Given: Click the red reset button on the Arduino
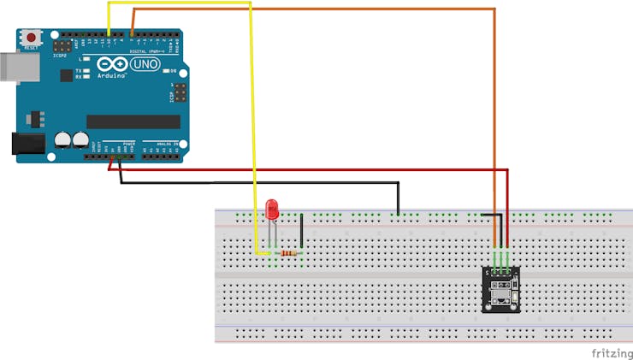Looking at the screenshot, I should point(33,38).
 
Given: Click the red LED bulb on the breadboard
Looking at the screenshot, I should point(273,208).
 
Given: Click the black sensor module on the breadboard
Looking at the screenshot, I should point(500,289).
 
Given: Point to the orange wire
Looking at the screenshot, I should point(494,103).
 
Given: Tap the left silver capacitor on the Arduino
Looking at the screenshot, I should point(62,139).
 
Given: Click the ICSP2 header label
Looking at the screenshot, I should point(59,55).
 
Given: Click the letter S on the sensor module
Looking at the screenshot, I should point(487,273).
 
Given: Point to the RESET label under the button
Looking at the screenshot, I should point(33,49).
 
